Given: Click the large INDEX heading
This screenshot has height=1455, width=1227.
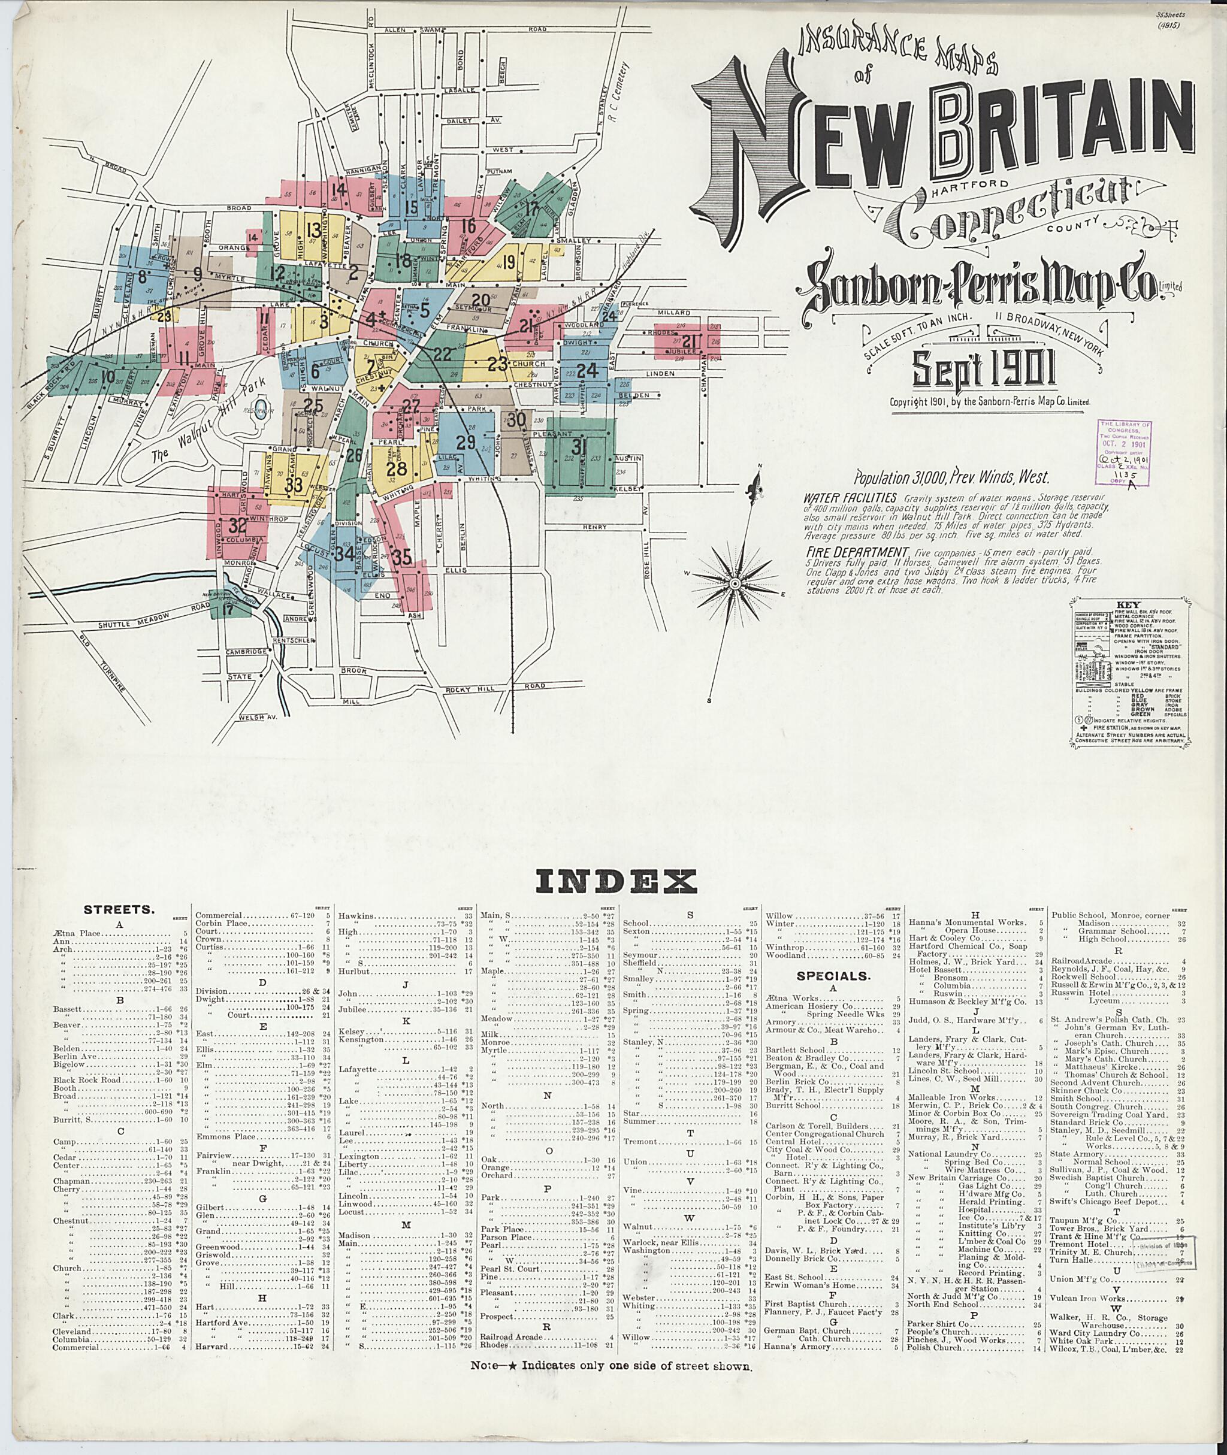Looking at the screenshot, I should [615, 882].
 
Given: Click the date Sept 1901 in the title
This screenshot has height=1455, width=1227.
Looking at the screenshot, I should [983, 368].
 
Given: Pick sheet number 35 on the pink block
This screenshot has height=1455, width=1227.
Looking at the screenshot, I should [401, 558].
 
